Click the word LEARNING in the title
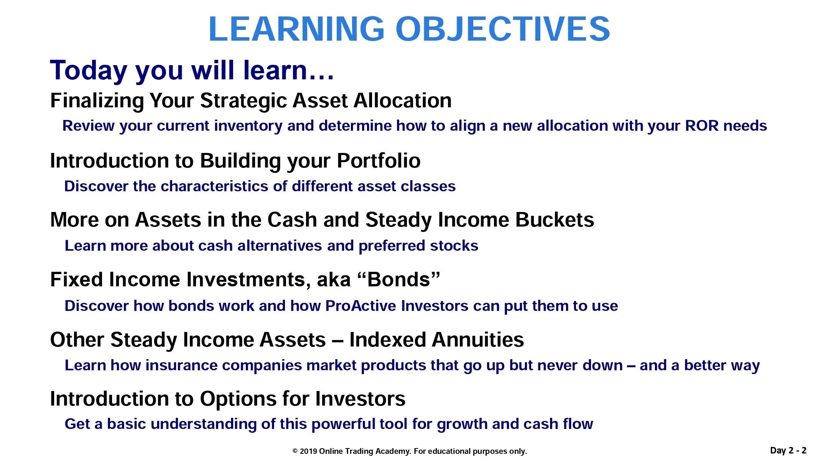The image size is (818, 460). pyautogui.click(x=296, y=29)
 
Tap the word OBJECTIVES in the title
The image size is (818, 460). pyautogui.click(x=503, y=29)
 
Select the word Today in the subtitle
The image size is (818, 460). pyautogui.click(x=89, y=71)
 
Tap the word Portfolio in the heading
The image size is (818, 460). pyautogui.click(x=379, y=161)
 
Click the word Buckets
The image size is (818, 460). pyautogui.click(x=555, y=220)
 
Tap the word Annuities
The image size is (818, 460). pyautogui.click(x=477, y=340)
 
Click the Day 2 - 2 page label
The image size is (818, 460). pyautogui.click(x=788, y=450)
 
